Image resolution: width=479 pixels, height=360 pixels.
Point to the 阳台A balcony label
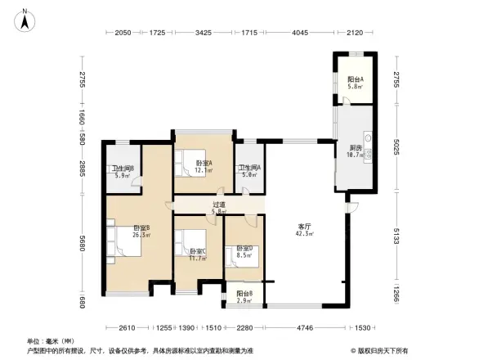[x=355, y=81]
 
